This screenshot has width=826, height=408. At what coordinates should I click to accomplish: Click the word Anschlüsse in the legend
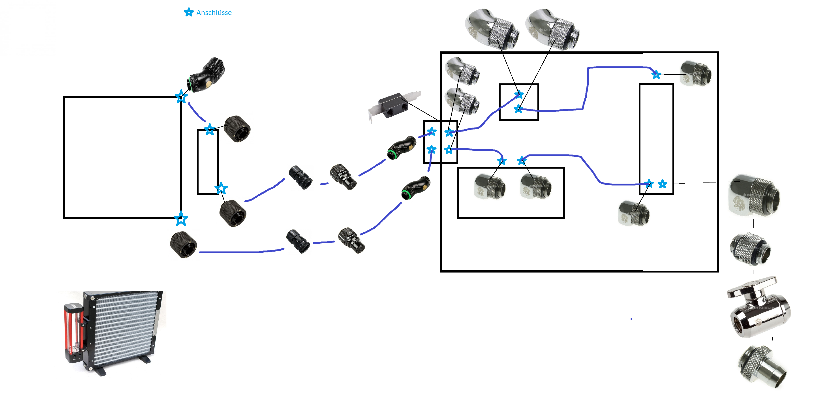click(x=214, y=13)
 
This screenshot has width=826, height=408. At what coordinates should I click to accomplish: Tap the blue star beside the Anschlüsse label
click(x=189, y=12)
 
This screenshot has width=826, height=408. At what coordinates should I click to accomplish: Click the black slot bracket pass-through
click(x=394, y=106)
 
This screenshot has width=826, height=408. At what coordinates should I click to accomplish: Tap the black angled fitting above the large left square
click(x=206, y=75)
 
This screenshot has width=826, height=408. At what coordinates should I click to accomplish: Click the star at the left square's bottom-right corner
click(x=181, y=218)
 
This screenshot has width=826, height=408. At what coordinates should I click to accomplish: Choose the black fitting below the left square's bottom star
click(x=183, y=245)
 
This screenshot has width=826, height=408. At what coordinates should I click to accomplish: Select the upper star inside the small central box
click(x=519, y=95)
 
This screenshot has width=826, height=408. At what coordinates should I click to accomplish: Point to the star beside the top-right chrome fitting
click(x=656, y=75)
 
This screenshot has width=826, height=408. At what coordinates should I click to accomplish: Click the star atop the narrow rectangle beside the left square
click(x=210, y=130)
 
